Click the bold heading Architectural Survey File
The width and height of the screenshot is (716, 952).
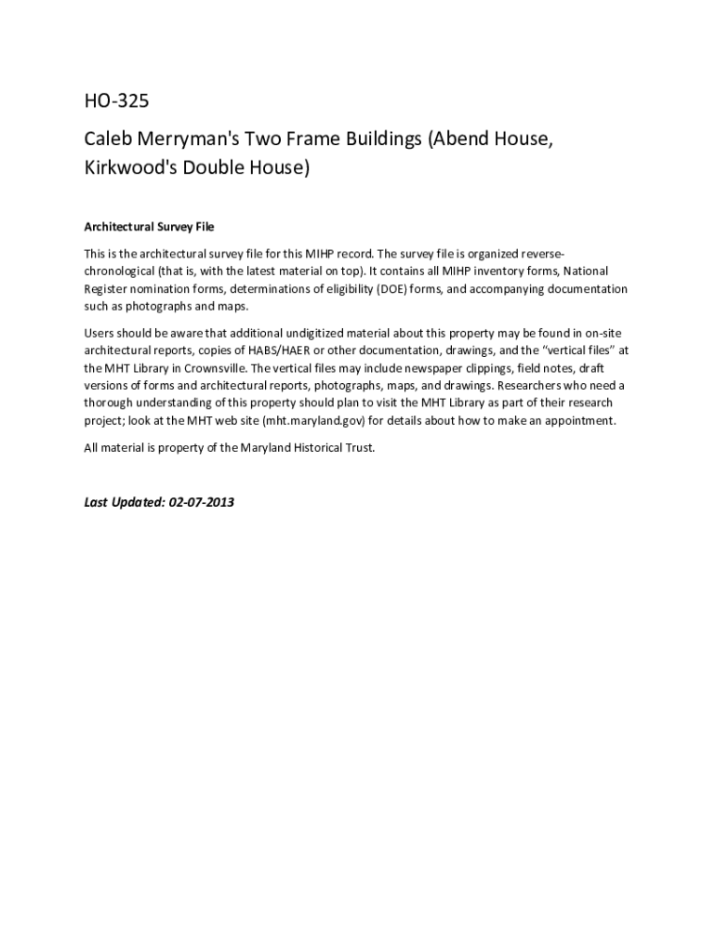point(149,227)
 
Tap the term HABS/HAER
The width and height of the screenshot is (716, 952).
point(277,350)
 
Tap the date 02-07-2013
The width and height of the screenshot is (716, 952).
point(202,503)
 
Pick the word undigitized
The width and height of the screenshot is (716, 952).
point(285,332)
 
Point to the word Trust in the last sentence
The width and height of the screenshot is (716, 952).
point(359,448)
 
